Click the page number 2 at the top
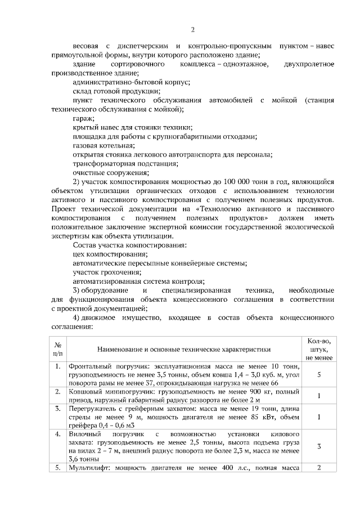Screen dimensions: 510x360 coord(192,30)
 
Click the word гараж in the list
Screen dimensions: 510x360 coord(83,119)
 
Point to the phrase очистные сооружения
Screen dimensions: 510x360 coord(110,173)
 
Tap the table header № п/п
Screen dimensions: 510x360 coord(57,349)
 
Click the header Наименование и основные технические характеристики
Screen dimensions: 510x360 coord(183,349)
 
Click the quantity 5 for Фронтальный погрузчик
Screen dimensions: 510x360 coord(319,374)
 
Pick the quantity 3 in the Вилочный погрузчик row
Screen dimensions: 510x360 coord(319,446)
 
